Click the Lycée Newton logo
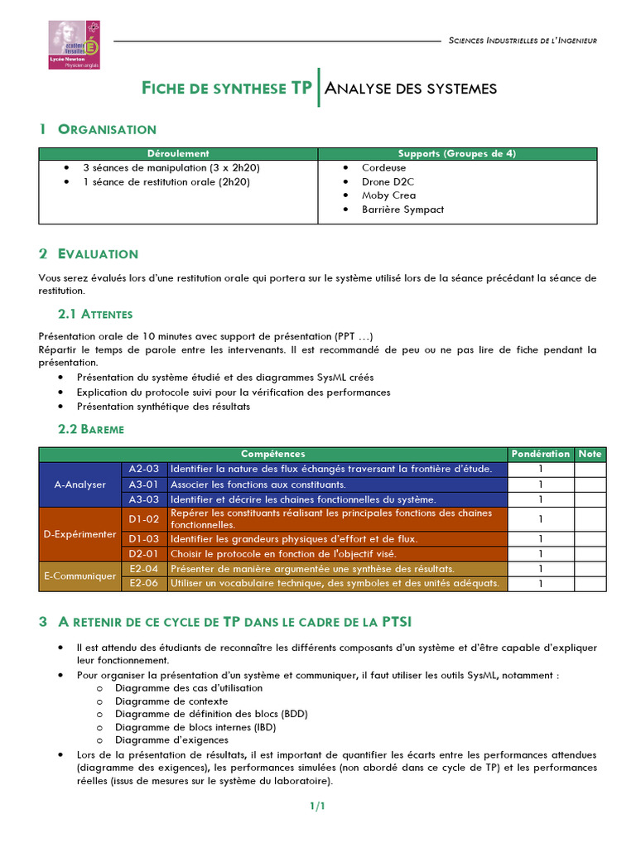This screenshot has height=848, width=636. point(74,45)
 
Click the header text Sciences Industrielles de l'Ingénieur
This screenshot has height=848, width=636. point(522,41)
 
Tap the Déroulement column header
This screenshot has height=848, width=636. point(178,154)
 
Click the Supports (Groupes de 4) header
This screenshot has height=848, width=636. point(456,154)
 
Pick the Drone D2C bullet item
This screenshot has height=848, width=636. point(388,181)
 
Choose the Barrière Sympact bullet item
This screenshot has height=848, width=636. point(402,210)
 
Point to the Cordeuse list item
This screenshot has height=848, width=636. point(383,167)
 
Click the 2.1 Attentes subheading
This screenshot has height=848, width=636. point(95,315)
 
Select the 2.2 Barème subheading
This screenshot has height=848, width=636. point(91,429)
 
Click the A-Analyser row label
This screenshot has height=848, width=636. point(80,484)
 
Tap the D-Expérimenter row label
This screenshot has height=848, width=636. point(80,534)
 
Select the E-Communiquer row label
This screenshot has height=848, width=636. point(80,576)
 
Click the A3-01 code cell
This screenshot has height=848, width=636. point(144,484)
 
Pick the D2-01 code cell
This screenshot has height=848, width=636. point(144,553)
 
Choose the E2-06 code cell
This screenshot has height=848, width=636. point(144,583)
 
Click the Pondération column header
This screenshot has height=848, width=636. point(541,454)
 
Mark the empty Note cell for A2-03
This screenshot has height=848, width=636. point(590,469)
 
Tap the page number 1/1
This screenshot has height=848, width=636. point(318,806)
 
